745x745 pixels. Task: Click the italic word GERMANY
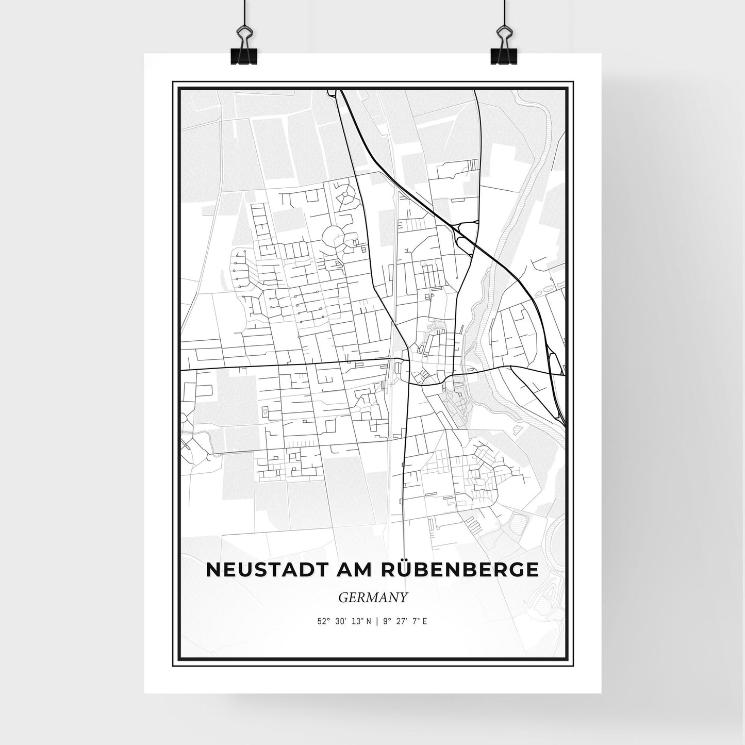coord(373,598)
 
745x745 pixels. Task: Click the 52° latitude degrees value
coord(323,621)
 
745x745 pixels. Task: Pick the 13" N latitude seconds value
coord(362,621)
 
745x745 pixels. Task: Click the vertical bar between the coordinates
coord(377,621)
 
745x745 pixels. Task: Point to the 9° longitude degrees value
coord(386,621)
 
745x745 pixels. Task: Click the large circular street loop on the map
coord(334,237)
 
